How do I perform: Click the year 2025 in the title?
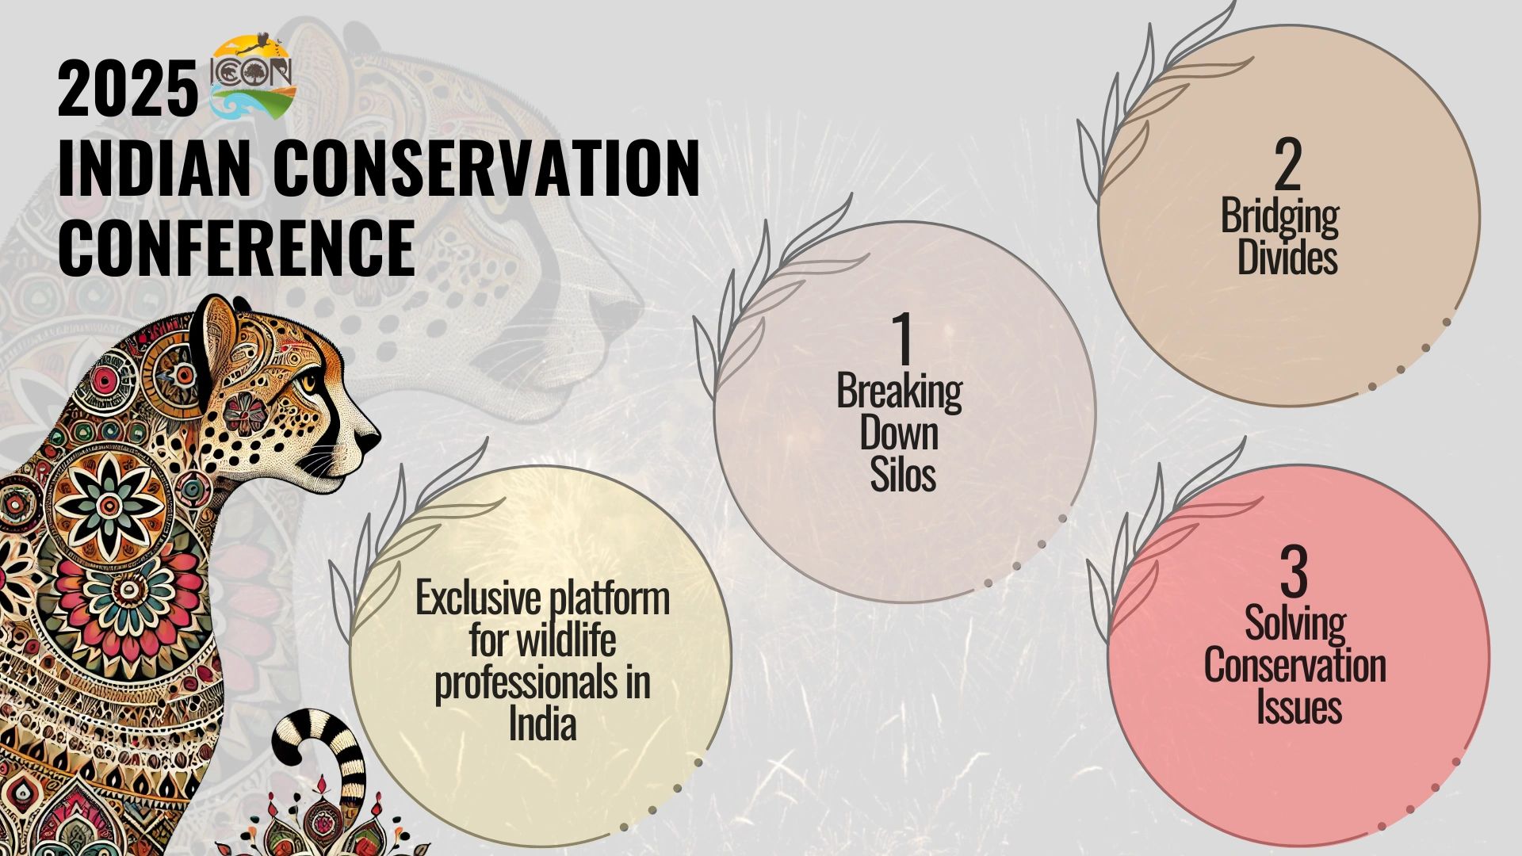[x=127, y=90]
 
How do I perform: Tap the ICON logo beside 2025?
[x=252, y=77]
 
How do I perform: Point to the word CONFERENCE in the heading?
[x=236, y=247]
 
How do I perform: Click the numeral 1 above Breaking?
[x=901, y=341]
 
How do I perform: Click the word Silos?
[x=903, y=476]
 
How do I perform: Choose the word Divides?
[x=1287, y=258]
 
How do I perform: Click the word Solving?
[x=1295, y=625]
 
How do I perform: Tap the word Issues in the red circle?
[x=1298, y=706]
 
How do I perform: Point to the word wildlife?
[x=565, y=640]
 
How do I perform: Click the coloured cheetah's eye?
[x=308, y=382]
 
